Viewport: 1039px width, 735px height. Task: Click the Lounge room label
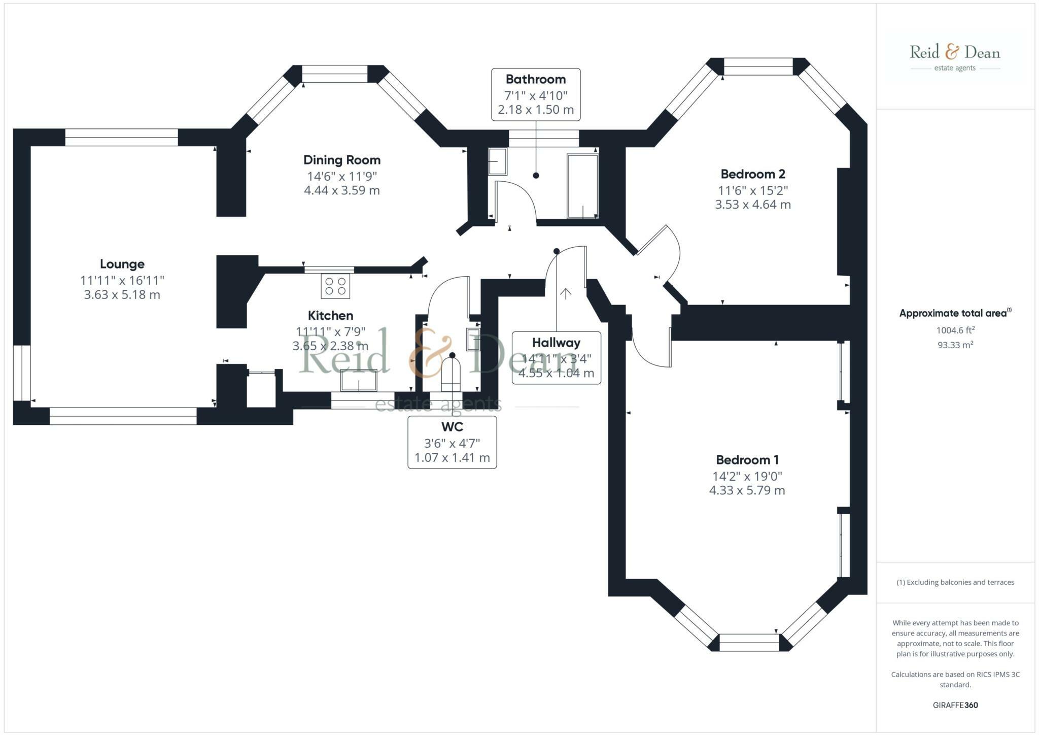click(122, 264)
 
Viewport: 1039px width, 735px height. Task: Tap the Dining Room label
click(342, 160)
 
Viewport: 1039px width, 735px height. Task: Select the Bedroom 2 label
click(753, 174)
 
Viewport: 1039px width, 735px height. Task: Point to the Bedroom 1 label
click(747, 460)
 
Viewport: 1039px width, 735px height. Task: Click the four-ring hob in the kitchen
click(335, 286)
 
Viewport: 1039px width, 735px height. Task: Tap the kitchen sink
click(359, 380)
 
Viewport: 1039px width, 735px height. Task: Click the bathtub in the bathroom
click(583, 186)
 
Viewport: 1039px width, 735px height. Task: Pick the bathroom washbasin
click(497, 162)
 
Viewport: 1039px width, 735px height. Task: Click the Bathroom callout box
click(536, 94)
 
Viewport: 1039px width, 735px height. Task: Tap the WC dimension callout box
click(452, 442)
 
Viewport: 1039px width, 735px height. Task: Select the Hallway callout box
click(557, 358)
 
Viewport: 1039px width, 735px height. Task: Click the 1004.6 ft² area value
click(955, 330)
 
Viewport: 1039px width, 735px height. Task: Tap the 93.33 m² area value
click(955, 345)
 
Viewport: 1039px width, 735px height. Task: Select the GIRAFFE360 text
click(955, 705)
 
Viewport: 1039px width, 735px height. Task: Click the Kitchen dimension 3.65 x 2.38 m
click(330, 346)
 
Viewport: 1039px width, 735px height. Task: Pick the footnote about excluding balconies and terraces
click(955, 582)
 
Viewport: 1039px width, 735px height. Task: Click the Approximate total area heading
click(955, 313)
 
